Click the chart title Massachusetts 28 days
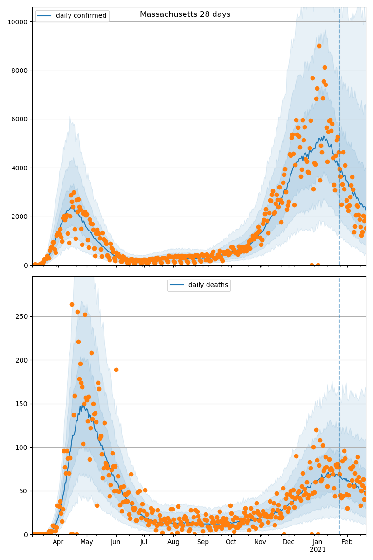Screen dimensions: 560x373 [185, 14]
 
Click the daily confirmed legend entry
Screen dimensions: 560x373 [81, 16]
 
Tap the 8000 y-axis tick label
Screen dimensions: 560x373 [19, 70]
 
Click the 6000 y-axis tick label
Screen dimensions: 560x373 [19, 119]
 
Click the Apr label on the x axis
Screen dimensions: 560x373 [58, 542]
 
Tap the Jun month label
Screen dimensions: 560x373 [116, 542]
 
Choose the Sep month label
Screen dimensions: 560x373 [203, 542]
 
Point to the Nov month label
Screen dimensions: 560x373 [260, 542]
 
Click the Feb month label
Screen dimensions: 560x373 [346, 542]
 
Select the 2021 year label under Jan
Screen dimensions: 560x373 [318, 550]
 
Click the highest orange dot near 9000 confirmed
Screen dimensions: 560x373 [319, 46]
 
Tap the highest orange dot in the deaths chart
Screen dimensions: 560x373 [72, 304]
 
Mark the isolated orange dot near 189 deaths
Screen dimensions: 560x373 [116, 370]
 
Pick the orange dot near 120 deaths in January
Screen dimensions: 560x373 [316, 430]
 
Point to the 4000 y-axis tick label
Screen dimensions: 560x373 [19, 168]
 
